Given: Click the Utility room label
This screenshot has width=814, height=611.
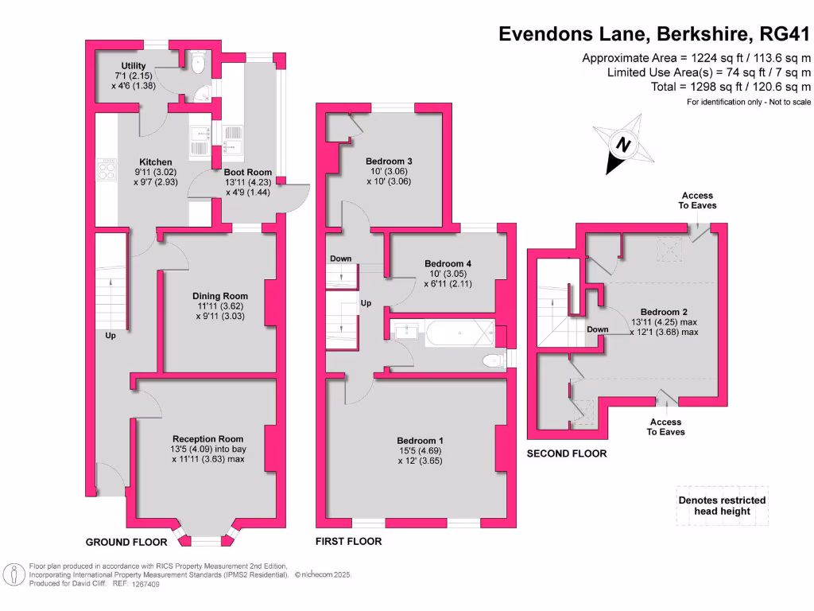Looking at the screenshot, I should pos(133,65).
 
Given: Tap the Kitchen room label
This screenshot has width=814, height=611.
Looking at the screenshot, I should pos(156,162).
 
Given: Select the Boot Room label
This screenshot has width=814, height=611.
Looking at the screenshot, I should pos(247,172).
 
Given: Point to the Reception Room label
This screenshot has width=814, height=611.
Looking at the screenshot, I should pos(208,438).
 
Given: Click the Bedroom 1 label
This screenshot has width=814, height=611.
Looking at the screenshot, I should pos(421,441).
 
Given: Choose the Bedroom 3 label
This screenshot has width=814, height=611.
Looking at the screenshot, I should pos(389,161).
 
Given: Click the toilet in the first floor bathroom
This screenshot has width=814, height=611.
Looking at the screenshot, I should pos(494,362).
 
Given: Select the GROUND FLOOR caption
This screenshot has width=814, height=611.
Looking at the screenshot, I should pos(126,543).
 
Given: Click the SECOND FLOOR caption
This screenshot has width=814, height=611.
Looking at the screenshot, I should pos(567,453).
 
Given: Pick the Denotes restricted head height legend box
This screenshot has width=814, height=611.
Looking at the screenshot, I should pos(722,505).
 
